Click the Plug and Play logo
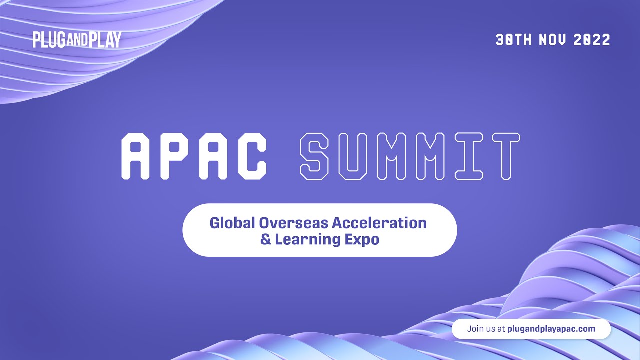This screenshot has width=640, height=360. (x=77, y=40)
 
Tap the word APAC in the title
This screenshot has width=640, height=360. (x=194, y=156)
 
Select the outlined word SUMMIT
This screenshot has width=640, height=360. (x=410, y=156)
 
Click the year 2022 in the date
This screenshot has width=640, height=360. (x=592, y=40)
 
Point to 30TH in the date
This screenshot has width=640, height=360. (x=514, y=40)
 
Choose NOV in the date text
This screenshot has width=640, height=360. (x=552, y=40)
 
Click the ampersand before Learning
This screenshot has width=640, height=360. (x=265, y=239)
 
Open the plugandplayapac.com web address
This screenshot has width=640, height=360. (x=551, y=329)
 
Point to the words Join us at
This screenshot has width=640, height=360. (x=486, y=329)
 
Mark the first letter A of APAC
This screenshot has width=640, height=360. (x=137, y=156)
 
